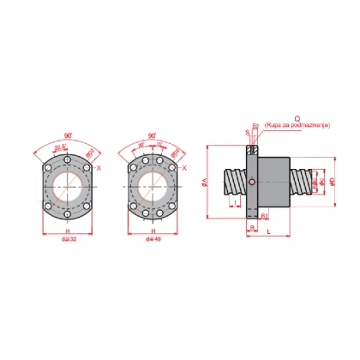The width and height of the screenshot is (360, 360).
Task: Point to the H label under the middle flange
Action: pyautogui.click(x=154, y=231)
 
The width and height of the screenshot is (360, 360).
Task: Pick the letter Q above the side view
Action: pyautogui.click(x=296, y=120)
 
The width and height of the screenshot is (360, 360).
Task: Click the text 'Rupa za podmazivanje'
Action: pyautogui.click(x=296, y=127)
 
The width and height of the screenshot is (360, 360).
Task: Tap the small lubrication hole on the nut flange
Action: pyautogui.click(x=251, y=182)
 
